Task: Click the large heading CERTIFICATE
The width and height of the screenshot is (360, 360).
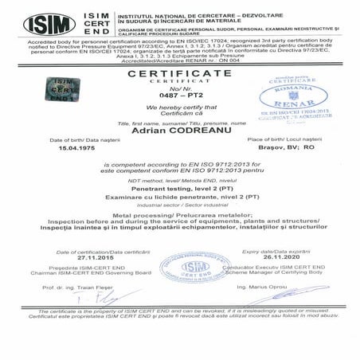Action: tap(180, 72)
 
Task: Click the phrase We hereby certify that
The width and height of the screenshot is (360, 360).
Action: tap(180, 105)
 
